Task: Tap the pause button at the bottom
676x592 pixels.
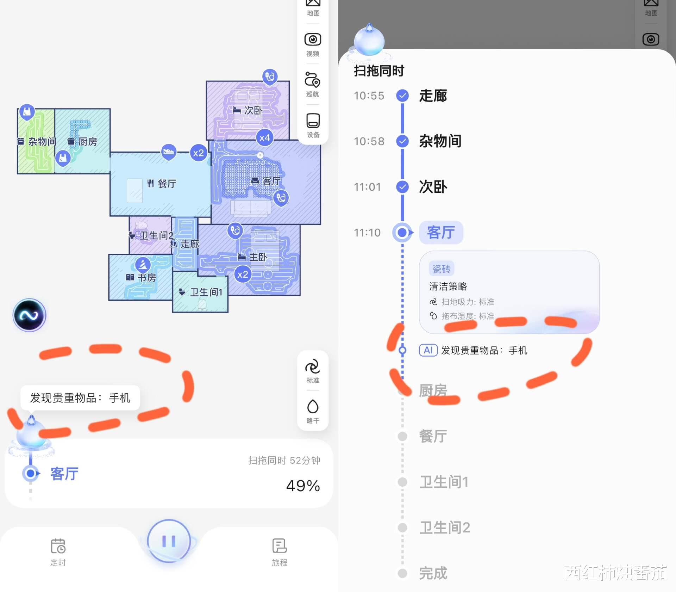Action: click(x=169, y=541)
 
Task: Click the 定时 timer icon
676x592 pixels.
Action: click(x=58, y=547)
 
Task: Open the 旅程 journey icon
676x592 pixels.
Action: click(x=280, y=547)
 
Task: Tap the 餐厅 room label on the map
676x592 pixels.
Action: click(x=167, y=184)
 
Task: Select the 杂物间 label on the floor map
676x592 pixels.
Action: click(x=42, y=142)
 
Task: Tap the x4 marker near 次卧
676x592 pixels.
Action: click(x=264, y=138)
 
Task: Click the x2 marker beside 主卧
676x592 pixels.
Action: click(x=243, y=275)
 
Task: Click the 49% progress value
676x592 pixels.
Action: click(x=303, y=486)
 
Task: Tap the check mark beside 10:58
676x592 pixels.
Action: click(x=402, y=141)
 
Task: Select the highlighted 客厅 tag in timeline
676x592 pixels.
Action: click(x=441, y=233)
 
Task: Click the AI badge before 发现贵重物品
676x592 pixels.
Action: click(x=428, y=350)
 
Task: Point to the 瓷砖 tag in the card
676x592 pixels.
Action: click(x=442, y=269)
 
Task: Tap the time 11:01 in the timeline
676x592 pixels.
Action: click(x=367, y=187)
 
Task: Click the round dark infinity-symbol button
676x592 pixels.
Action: click(x=29, y=315)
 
